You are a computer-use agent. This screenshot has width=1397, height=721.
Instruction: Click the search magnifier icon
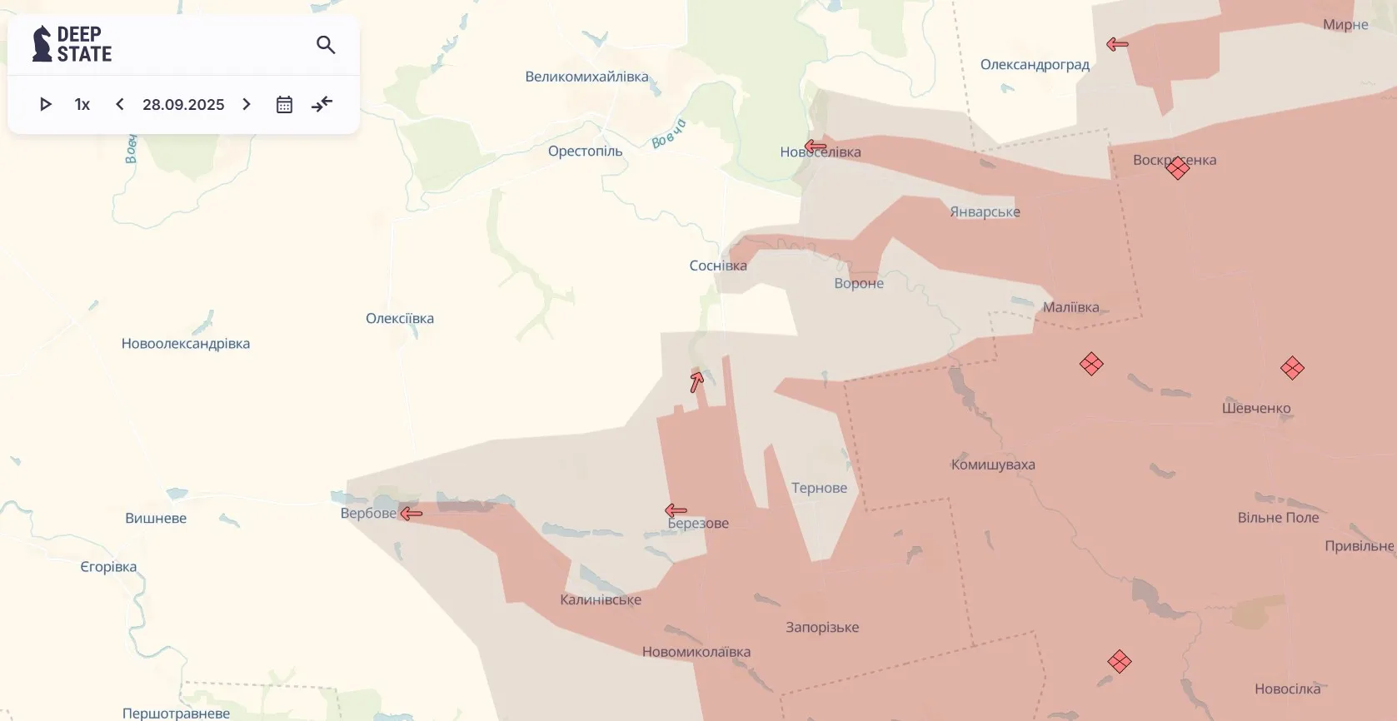pos(326,45)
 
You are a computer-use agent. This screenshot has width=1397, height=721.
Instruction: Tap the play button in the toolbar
pos(46,104)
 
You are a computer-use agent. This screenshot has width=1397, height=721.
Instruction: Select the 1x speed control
pos(82,104)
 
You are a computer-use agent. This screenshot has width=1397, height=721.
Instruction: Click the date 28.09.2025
pos(183,104)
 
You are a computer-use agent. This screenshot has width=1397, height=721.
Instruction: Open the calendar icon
pos(284,104)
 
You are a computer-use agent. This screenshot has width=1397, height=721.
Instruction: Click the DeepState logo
pos(72,44)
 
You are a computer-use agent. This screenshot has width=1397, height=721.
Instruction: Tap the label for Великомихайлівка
pos(586,77)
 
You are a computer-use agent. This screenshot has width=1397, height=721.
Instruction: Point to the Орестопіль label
pos(585,151)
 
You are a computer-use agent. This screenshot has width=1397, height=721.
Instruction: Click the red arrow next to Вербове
pos(412,514)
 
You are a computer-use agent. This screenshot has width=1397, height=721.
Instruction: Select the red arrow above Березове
pos(676,510)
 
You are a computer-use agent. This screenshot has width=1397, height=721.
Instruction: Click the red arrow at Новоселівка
pos(816,147)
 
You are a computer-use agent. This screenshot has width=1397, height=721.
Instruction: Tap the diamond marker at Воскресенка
pos(1178,168)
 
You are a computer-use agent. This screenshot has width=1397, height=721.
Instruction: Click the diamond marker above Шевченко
pos(1292,368)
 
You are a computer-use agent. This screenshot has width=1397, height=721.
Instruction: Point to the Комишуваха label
pos(993,465)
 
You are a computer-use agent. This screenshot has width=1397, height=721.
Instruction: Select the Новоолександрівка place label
pos(186,343)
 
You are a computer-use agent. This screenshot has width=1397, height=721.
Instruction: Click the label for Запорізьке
pos(822,627)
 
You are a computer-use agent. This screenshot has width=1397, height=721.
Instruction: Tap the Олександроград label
pos(1035,64)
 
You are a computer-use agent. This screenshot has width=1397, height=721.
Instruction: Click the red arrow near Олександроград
pos(1117,44)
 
